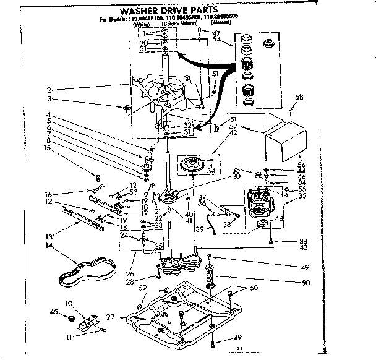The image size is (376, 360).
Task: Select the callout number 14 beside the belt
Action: [48, 246]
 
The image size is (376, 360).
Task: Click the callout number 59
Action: [142, 288]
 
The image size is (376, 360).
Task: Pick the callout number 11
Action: [70, 338]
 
